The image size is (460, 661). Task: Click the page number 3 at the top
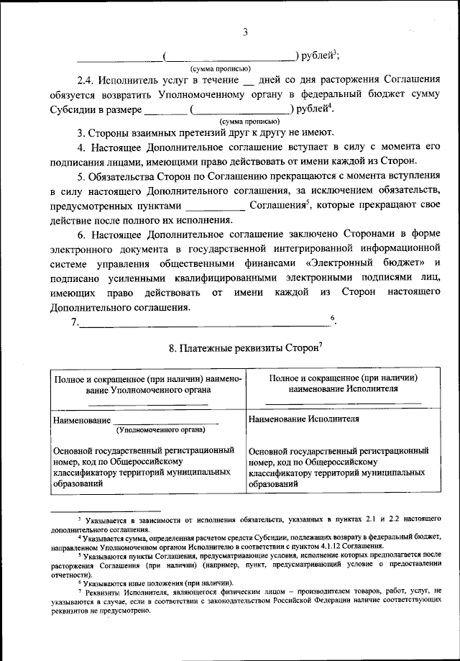(245, 32)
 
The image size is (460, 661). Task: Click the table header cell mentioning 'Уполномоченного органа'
(146, 384)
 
